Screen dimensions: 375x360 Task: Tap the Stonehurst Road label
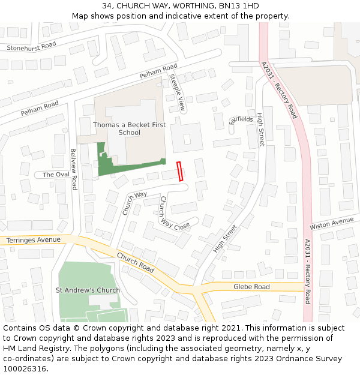31,46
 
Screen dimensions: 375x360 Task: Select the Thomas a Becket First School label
129,128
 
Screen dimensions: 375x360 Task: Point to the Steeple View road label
178,93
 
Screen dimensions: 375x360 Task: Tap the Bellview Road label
74,169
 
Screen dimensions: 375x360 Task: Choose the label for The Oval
56,175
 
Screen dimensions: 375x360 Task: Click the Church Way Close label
174,212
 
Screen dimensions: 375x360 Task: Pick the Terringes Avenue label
34,240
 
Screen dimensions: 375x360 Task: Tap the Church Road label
136,263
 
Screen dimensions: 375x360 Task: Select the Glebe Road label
251,287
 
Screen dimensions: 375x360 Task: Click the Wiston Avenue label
331,224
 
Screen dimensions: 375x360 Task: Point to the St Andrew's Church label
88,290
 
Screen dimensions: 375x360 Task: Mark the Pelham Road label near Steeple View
158,71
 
